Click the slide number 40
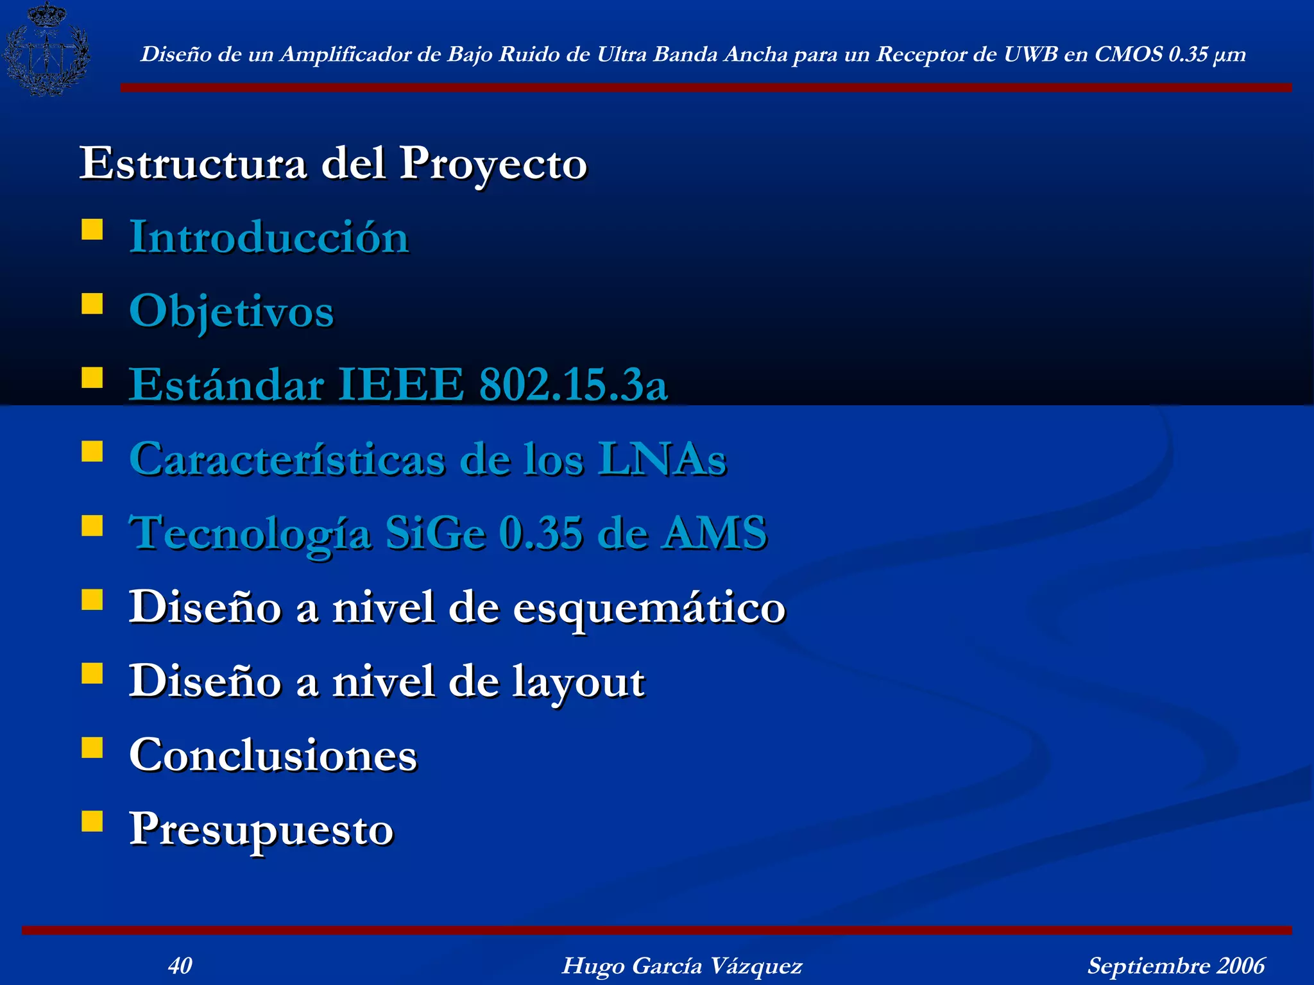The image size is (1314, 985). coord(180,965)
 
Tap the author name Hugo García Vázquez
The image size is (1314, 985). coord(681,965)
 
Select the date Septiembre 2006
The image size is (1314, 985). coord(1175,965)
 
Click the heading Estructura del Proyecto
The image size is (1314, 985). coord(333,164)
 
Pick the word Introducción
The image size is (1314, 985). coord(269,237)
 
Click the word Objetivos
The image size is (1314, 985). coord(232,312)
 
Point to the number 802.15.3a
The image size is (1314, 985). coord(574,385)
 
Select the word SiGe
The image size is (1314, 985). coord(435,533)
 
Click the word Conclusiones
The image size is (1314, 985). coord(273,755)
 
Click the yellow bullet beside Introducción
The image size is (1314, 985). coord(92,230)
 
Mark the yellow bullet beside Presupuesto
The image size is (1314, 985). coord(92,821)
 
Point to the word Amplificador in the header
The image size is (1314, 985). coord(346,55)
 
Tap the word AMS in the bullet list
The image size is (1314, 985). coord(715,533)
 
